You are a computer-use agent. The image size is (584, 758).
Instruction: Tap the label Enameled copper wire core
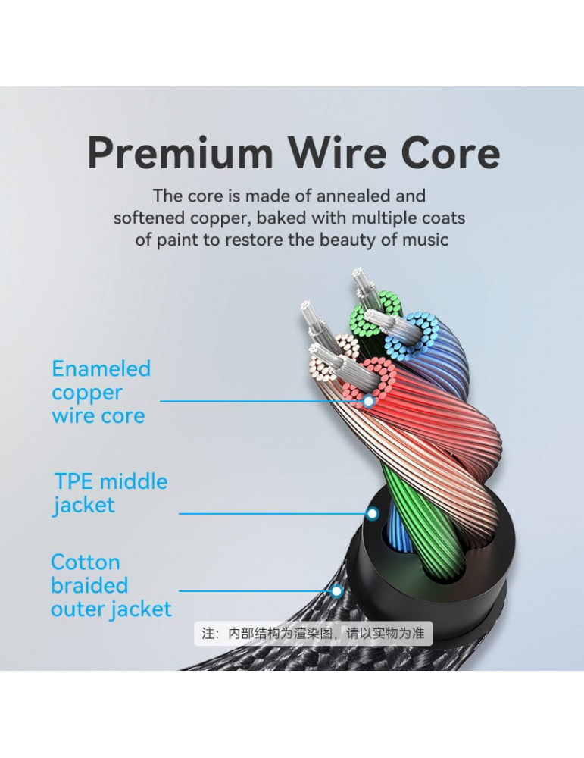(x=101, y=392)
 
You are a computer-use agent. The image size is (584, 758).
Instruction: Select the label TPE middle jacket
(x=111, y=493)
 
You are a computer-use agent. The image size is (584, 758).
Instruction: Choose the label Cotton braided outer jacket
(x=111, y=585)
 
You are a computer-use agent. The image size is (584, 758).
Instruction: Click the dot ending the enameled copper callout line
(x=369, y=401)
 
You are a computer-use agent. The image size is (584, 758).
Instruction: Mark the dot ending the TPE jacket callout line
(x=372, y=513)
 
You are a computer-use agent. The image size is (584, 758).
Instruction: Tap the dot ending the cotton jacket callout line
(x=337, y=590)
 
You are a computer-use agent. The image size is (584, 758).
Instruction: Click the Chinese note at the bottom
(x=313, y=633)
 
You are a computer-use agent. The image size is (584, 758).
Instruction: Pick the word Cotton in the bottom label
(x=86, y=562)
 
